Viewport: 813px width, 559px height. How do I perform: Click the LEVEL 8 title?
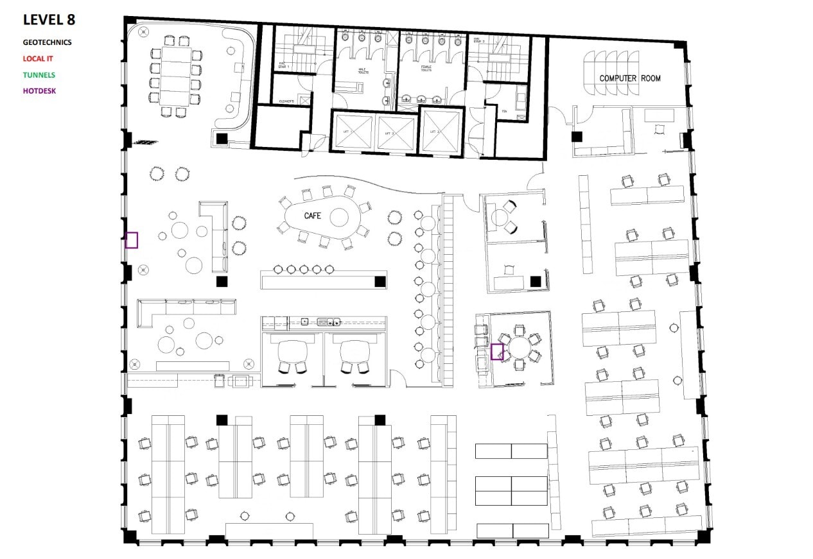pos(49,20)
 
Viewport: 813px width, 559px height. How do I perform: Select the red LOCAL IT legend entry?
pos(38,58)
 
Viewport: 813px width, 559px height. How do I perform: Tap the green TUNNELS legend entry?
pos(39,74)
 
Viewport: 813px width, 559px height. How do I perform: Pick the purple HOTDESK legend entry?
pos(39,90)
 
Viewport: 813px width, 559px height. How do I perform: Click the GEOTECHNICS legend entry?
pos(47,42)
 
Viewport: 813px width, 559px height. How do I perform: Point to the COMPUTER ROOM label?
pos(629,78)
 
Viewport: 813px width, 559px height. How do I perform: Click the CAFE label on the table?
pos(312,216)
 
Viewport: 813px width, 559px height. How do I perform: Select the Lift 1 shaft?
pos(353,132)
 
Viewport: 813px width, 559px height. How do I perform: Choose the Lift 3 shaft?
pos(441,131)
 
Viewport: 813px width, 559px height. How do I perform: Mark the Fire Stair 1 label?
pos(283,64)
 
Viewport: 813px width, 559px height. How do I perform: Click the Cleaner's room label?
pos(286,101)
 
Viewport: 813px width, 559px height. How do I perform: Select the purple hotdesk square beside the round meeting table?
pos(496,352)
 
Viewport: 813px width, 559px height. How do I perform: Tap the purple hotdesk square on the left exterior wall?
pos(132,240)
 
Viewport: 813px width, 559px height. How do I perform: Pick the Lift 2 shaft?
pos(396,132)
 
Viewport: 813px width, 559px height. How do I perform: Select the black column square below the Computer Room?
pos(577,136)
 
